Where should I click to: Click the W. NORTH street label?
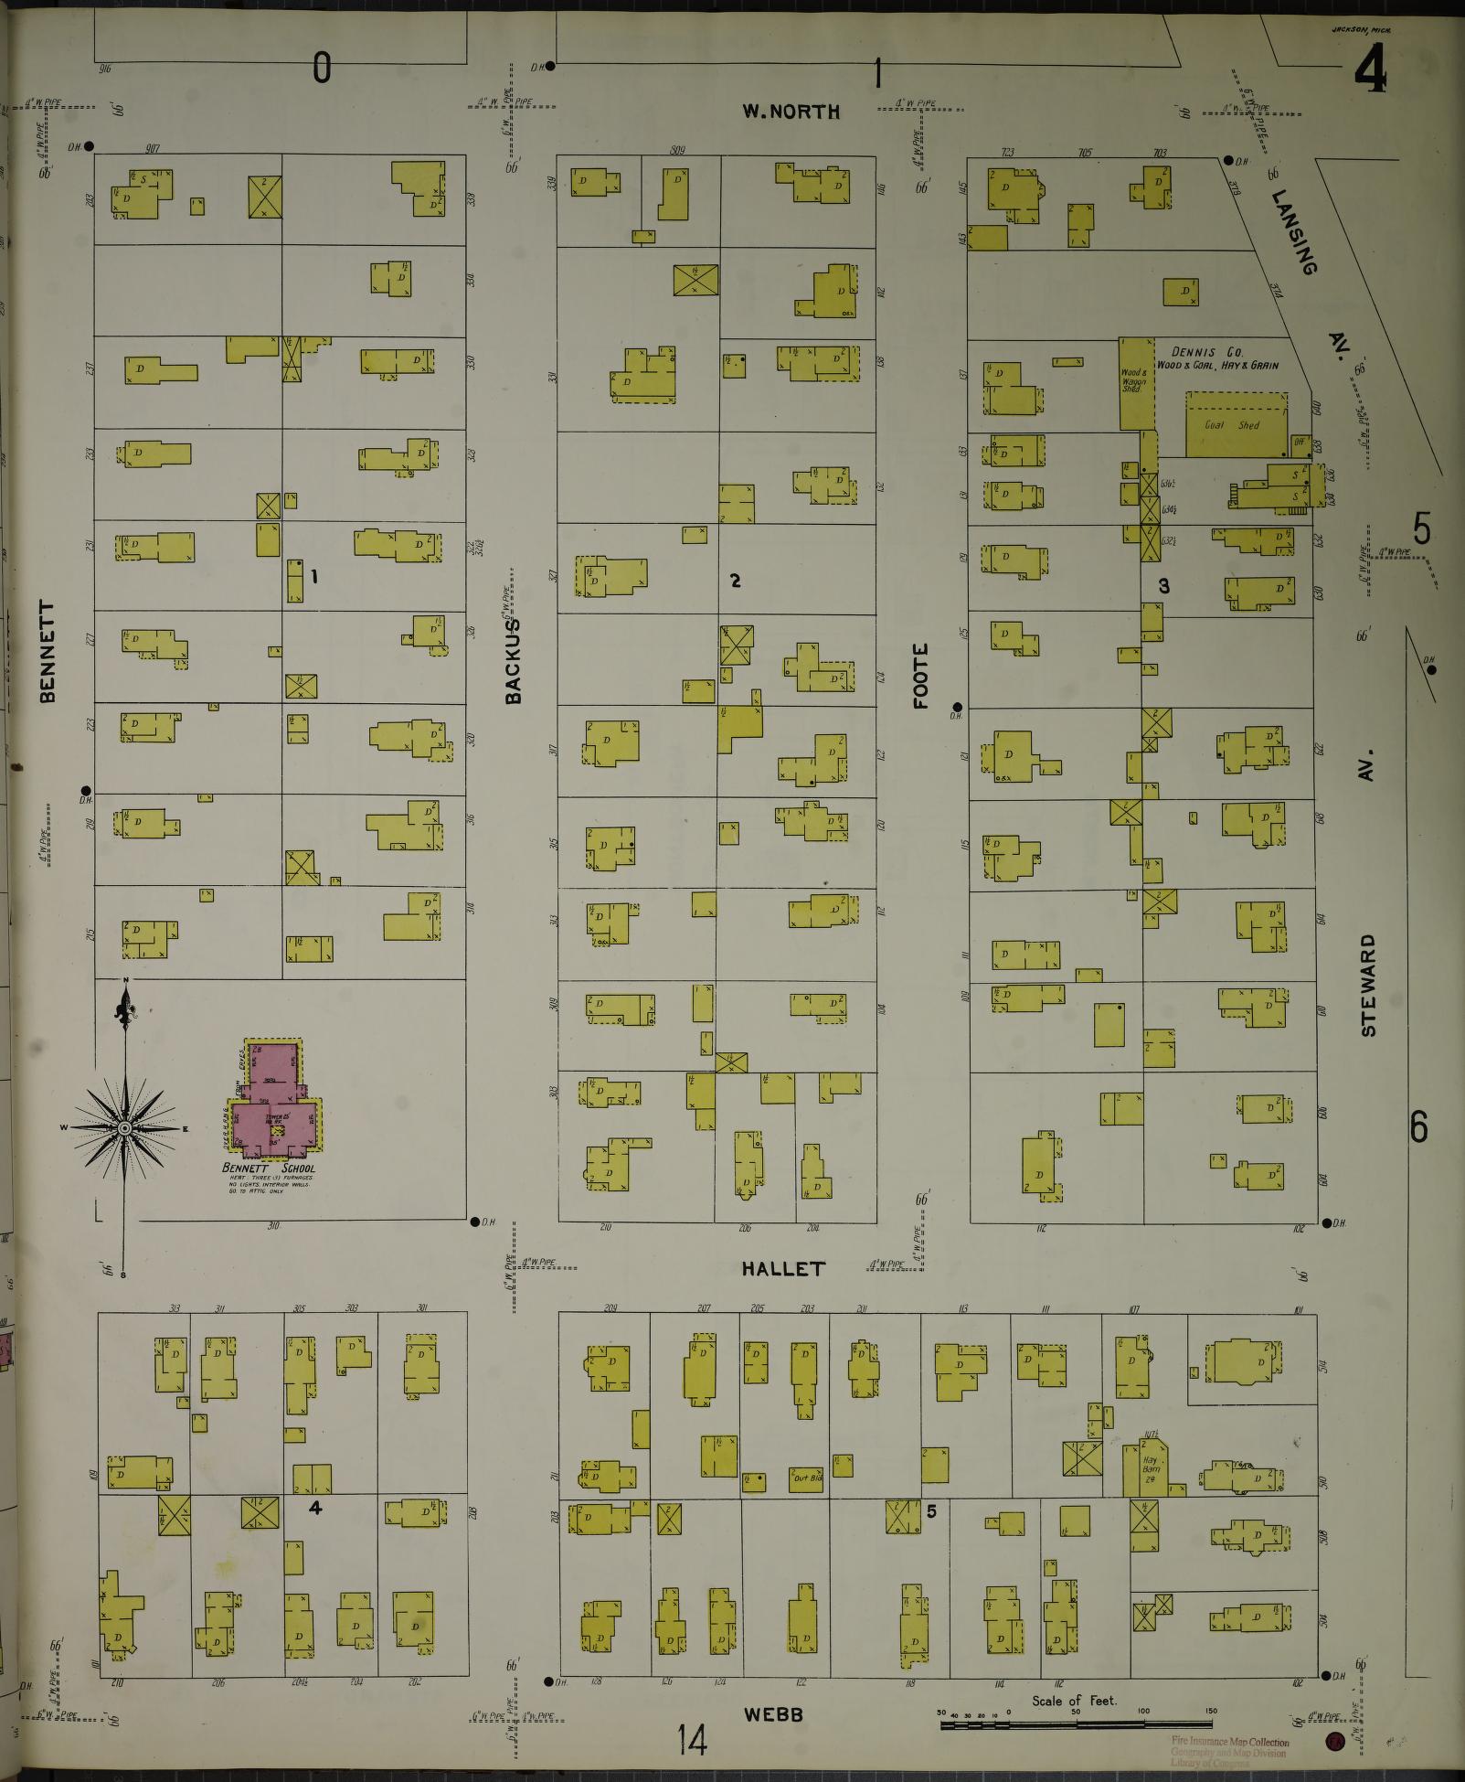pos(791,112)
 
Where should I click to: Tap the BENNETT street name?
pos(48,651)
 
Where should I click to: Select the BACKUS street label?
pos(514,660)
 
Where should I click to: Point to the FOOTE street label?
pos(920,676)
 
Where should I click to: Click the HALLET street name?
pos(783,1268)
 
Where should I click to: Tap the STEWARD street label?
pos(1367,985)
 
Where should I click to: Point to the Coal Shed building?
pos(1236,425)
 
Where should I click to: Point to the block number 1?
pos(313,576)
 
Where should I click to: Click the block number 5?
pos(931,1511)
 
